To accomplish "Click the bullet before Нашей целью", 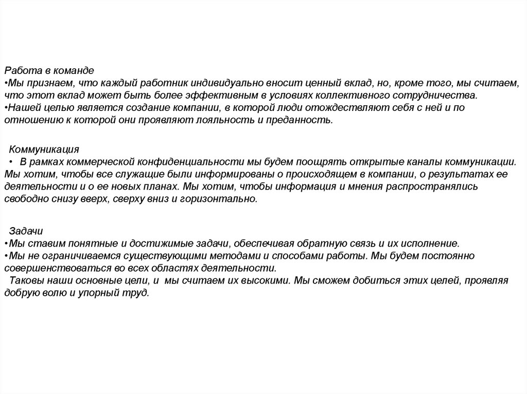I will point(5,108).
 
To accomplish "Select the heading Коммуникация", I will point(44,149).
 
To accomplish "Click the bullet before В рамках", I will point(10,162).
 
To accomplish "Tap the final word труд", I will point(136,293).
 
